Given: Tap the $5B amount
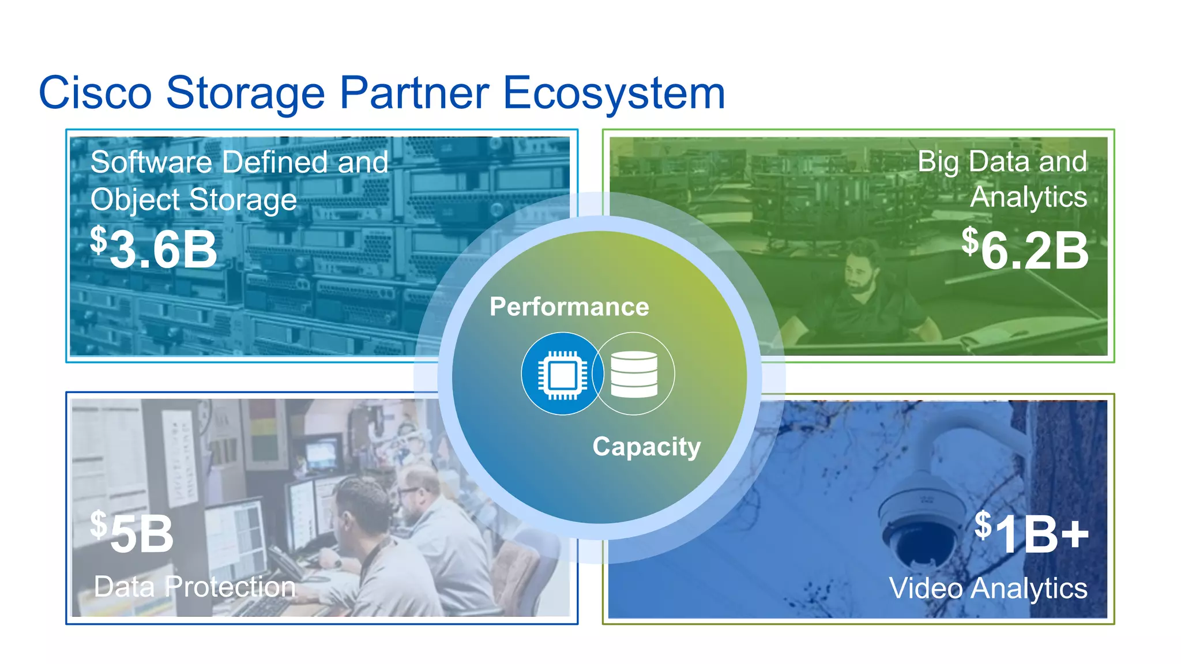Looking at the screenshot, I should (133, 534).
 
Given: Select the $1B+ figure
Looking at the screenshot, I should (1031, 534).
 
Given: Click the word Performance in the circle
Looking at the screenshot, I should (569, 307).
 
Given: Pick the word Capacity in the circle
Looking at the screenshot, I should (646, 447).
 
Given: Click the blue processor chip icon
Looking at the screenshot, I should (562, 373).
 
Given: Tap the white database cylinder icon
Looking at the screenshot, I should (634, 374).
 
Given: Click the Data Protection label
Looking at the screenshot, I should (195, 587).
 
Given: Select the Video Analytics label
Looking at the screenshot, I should (988, 588).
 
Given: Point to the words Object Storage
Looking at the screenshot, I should (194, 200).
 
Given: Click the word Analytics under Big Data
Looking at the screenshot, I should (1028, 197).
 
